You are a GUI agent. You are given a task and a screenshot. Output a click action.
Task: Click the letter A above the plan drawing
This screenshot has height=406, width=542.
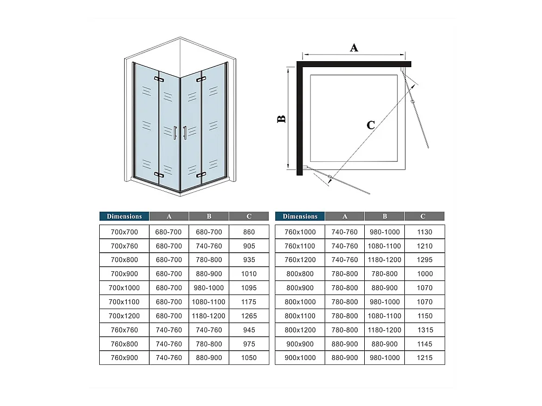[353, 47]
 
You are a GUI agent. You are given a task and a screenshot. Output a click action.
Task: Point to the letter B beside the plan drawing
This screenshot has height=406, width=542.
[282, 119]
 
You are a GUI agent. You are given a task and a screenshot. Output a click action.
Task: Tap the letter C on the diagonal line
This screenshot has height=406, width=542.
[371, 125]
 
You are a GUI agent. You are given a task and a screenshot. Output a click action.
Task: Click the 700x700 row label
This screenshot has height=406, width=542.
[124, 232]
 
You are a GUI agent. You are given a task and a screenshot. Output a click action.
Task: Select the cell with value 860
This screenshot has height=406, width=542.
[249, 232]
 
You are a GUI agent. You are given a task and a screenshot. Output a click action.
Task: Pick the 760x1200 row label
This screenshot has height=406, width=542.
[300, 260]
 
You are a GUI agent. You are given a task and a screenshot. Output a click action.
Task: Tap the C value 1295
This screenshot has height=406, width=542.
[424, 260]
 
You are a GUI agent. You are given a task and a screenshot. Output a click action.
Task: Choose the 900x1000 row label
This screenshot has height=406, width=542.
[300, 358]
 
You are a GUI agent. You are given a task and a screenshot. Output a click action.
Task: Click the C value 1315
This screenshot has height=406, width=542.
[425, 330]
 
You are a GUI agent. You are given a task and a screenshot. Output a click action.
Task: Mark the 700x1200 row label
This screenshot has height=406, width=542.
[124, 316]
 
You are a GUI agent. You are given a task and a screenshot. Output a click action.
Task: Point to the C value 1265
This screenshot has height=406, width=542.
[249, 316]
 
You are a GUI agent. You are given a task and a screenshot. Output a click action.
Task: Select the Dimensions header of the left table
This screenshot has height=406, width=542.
[124, 216]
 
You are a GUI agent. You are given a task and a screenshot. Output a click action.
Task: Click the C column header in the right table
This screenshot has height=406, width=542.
[423, 216]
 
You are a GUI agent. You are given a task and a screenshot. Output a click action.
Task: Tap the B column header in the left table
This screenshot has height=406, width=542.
[209, 216]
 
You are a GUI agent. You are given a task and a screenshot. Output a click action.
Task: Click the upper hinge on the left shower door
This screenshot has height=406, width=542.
[159, 80]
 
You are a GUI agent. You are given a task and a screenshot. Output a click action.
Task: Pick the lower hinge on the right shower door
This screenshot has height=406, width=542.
[201, 175]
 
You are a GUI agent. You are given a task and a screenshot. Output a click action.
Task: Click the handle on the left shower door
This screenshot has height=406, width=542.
[175, 133]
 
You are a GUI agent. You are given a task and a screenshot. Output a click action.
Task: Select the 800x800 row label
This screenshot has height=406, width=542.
[300, 274]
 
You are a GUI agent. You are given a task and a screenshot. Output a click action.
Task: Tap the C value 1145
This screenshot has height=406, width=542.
[424, 344]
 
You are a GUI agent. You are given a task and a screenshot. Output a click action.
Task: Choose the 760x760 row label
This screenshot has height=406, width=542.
[124, 330]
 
